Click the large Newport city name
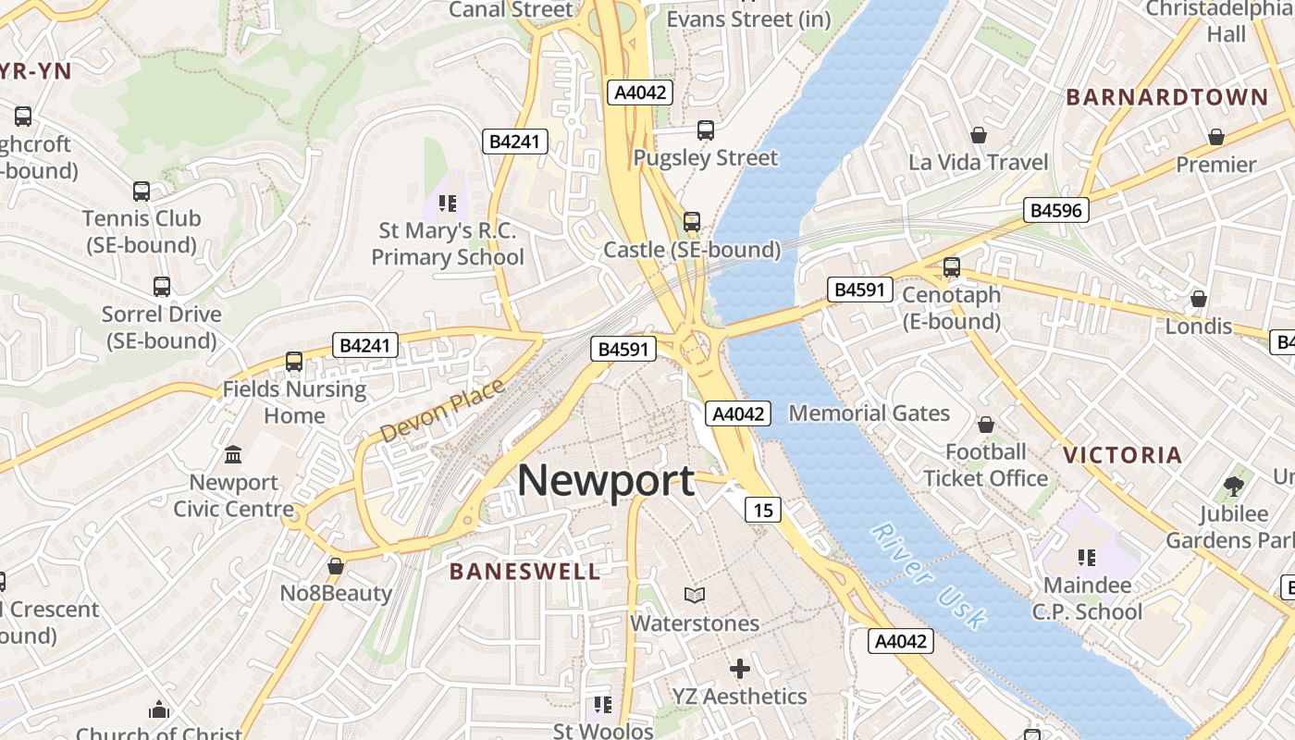coord(606,481)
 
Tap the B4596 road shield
coord(1055,210)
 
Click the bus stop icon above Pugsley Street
coord(706,130)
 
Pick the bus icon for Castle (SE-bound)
coord(692,222)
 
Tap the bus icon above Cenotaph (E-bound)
coord(951,267)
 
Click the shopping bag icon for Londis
coord(1199,299)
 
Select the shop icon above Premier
coord(1216,137)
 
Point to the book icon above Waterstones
coord(694,595)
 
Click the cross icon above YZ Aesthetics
coord(739,668)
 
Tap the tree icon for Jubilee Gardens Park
coord(1234,486)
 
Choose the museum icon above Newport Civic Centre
coord(233,455)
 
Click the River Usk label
coord(929,576)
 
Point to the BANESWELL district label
coord(524,572)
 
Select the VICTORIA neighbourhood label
coord(1123,455)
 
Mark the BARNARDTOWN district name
coord(1167,97)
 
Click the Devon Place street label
coord(442,410)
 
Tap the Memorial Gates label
coord(869,413)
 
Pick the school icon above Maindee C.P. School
coord(1087,558)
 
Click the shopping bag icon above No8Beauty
coord(336,566)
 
